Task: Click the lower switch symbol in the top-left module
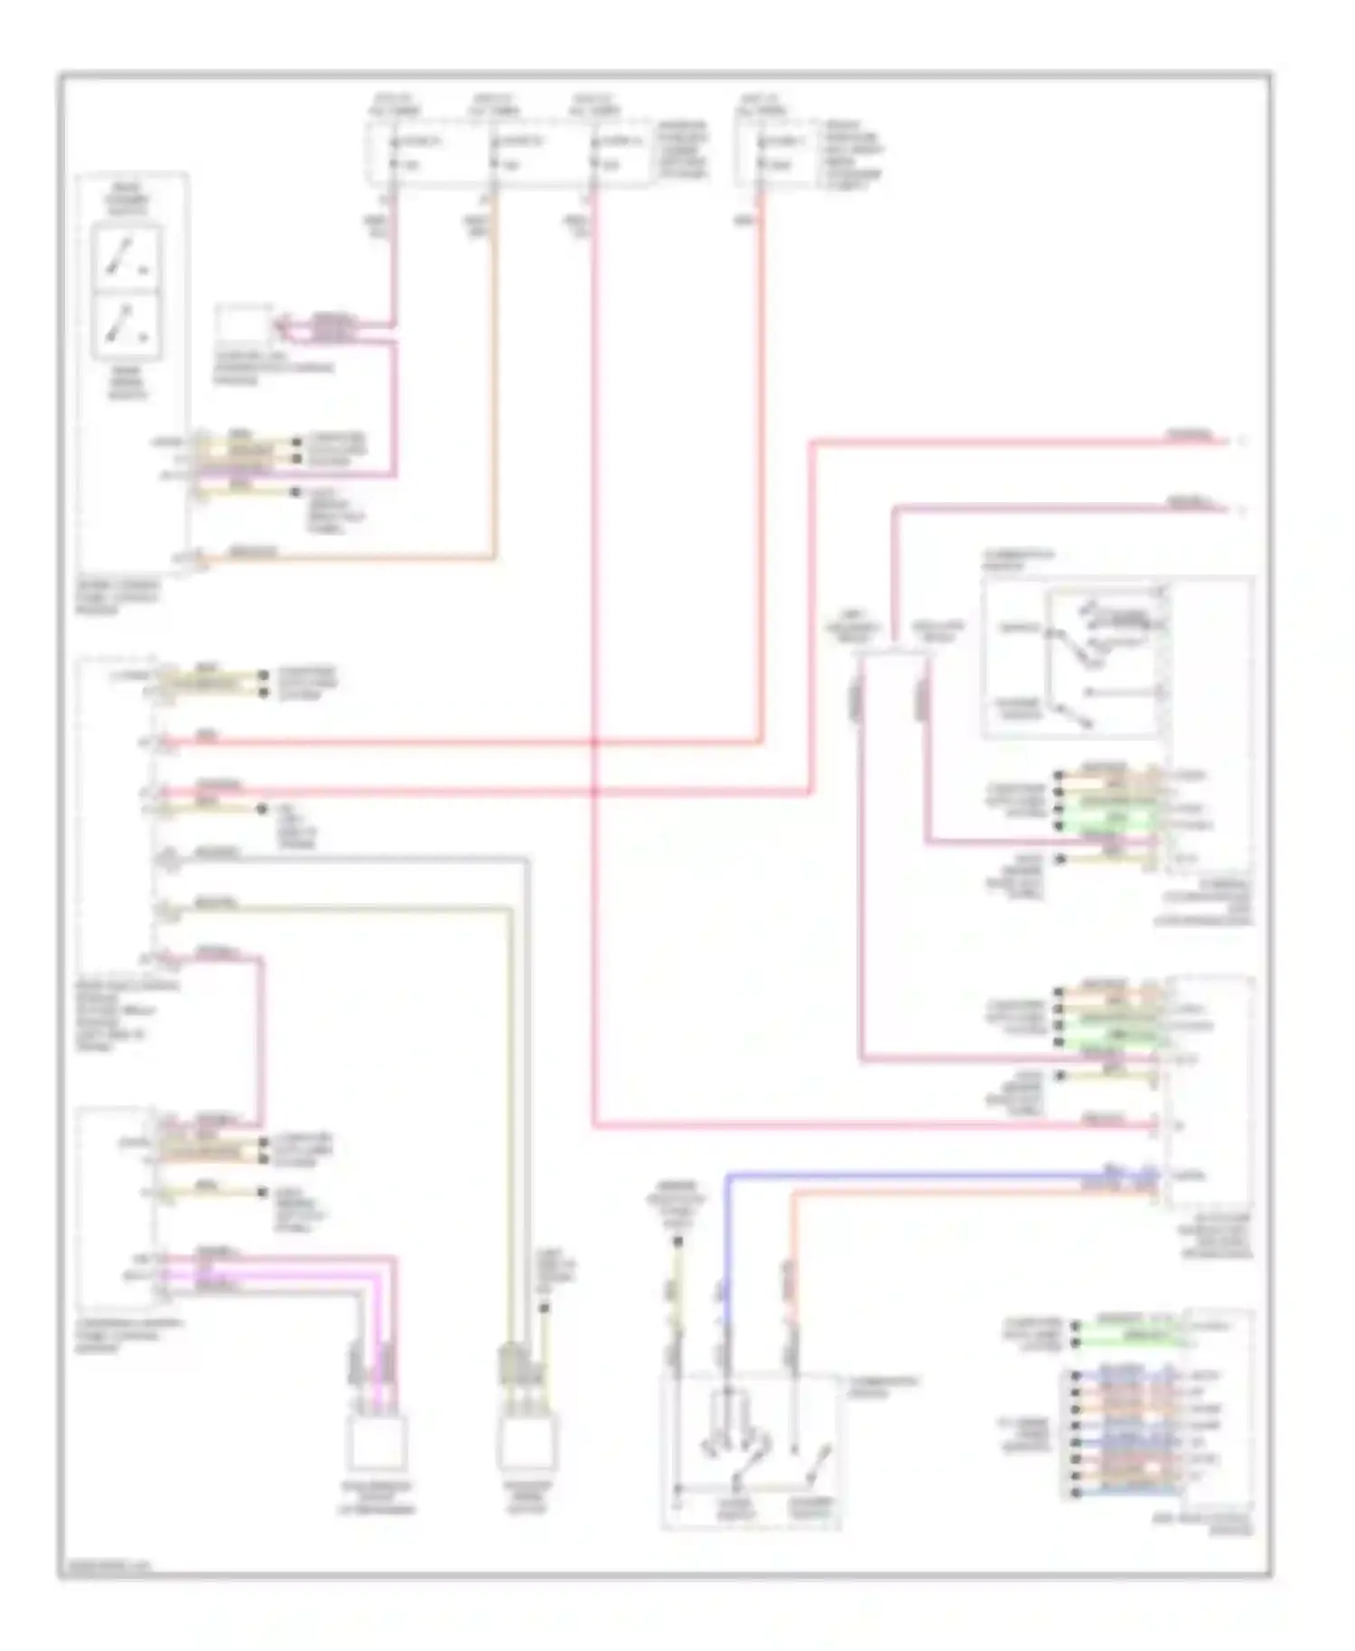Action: coord(127,323)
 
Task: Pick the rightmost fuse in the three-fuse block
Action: coord(593,154)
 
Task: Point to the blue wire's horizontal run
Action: coord(903,1176)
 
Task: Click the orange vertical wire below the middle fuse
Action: coord(494,379)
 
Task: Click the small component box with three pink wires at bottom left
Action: coord(376,1443)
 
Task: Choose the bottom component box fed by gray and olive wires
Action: coord(527,1443)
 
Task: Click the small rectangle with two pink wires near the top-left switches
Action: coord(243,327)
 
